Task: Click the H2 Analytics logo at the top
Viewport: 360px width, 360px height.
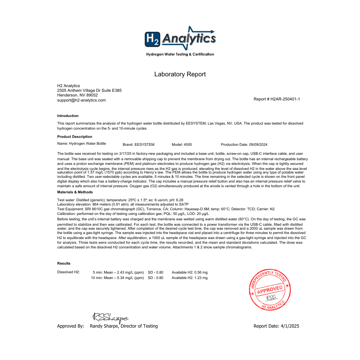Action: pos(180,40)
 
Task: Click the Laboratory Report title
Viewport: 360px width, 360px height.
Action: pos(180,75)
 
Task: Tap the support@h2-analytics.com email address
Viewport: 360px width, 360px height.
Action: pos(81,100)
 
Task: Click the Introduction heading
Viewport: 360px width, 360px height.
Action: pos(68,116)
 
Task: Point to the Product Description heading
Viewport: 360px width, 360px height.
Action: pos(75,137)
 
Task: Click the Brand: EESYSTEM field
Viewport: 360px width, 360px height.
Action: pos(139,144)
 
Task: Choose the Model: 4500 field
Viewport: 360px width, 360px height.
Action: pos(182,144)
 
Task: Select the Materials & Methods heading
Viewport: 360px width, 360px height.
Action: pos(75,192)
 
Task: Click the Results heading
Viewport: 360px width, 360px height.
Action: pos(64,264)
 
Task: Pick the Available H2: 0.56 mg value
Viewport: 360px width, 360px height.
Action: pos(190,272)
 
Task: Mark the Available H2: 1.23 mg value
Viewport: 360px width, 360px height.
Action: pos(190,278)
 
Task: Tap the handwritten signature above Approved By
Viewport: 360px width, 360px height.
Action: pos(110,317)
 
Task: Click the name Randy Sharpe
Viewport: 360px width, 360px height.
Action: pos(104,326)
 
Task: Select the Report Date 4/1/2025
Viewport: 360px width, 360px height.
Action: pos(276,326)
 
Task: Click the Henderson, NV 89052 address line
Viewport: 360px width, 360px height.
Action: pos(77,95)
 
